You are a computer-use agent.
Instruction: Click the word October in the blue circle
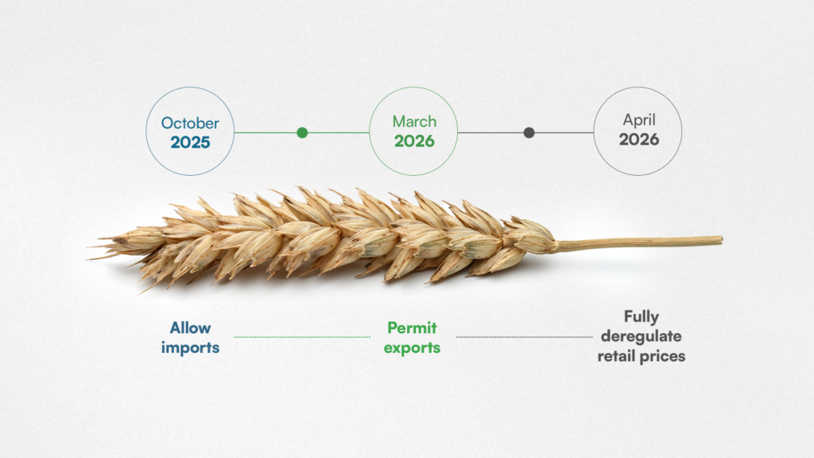click(x=190, y=123)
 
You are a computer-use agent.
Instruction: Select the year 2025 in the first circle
click(x=190, y=142)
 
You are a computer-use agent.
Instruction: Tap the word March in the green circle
click(x=414, y=122)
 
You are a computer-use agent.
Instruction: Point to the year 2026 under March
click(x=414, y=141)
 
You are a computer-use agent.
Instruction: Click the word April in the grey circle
click(x=639, y=121)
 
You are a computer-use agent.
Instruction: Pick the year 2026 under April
click(x=639, y=139)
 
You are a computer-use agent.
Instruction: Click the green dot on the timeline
click(x=302, y=133)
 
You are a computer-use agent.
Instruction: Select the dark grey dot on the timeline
click(x=529, y=133)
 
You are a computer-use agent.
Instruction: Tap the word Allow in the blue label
click(x=190, y=328)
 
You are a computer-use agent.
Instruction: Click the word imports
click(x=190, y=347)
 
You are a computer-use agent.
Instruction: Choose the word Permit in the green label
click(x=413, y=328)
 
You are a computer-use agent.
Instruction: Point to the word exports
click(x=413, y=348)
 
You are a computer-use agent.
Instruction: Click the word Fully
click(x=642, y=317)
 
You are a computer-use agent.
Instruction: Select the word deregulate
click(x=642, y=336)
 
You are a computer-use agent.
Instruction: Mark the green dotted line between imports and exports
click(x=302, y=337)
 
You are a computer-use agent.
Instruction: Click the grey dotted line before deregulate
click(x=525, y=337)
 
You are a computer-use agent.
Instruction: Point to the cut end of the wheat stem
click(x=720, y=240)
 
